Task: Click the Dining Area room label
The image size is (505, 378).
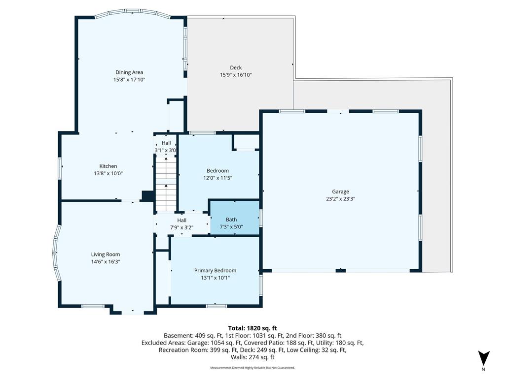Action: point(129,72)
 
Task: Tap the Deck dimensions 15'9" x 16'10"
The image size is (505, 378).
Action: point(236,75)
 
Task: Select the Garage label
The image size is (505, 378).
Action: point(340,191)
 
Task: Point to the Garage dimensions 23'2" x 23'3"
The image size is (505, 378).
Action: point(340,199)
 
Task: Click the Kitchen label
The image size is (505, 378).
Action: point(108,166)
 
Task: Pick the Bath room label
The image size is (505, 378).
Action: point(231,220)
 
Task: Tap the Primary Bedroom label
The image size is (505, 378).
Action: point(215,271)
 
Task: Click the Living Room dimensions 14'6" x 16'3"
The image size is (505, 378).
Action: point(106,262)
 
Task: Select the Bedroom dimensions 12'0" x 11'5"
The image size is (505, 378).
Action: point(217,178)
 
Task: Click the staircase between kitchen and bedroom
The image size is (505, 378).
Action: point(166,184)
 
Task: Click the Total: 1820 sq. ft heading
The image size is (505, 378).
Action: point(252,328)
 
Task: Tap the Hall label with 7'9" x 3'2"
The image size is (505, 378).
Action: point(181,220)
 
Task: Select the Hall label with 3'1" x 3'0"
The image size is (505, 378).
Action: point(166,143)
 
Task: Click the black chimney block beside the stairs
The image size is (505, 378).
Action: point(148,196)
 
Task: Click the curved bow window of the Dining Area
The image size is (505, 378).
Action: point(132,12)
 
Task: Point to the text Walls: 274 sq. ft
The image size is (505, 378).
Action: point(252,357)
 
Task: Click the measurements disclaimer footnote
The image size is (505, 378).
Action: point(252,368)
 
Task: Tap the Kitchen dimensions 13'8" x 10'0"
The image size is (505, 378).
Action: point(108,174)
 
